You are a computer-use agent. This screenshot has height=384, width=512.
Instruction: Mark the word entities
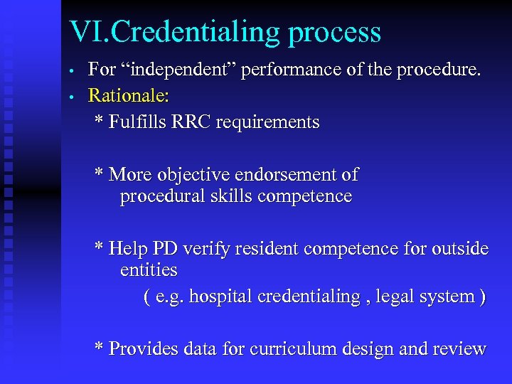149,270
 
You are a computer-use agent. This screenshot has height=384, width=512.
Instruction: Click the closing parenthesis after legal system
483,297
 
